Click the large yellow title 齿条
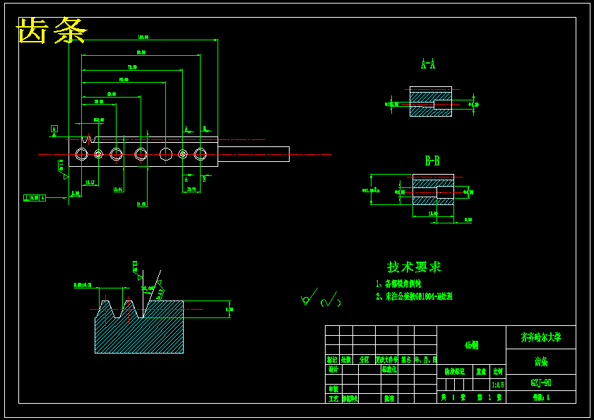click(52, 31)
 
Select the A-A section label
click(428, 64)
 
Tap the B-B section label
click(432, 161)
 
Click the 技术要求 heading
click(414, 267)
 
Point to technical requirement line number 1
click(398, 284)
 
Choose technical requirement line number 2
click(414, 297)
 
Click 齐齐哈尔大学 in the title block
click(541, 337)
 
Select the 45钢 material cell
click(471, 345)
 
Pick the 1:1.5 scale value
click(497, 385)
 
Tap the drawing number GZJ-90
click(541, 383)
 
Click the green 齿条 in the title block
click(541, 362)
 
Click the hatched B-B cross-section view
click(433, 191)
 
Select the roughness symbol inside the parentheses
click(330, 300)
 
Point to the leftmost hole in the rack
click(81, 154)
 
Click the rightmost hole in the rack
click(201, 154)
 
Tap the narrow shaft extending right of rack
click(254, 154)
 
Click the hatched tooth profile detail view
click(139, 325)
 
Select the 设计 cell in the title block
click(333, 369)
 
